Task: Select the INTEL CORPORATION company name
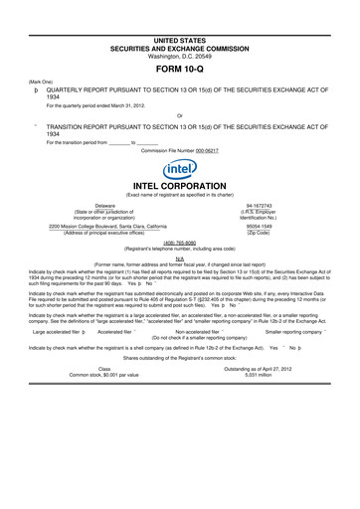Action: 180,185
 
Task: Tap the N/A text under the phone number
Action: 180,254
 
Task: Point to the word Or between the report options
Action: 179,116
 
